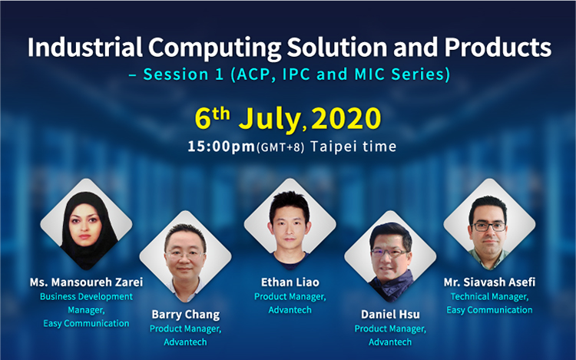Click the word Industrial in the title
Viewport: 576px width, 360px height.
click(85, 48)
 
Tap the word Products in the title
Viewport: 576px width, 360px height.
click(498, 48)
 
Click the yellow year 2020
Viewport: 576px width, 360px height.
click(346, 118)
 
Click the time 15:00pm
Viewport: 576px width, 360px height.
click(221, 147)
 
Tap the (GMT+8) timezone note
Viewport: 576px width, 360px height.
click(280, 147)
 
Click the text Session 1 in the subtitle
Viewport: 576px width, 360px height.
click(184, 74)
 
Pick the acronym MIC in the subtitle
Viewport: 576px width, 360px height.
click(369, 74)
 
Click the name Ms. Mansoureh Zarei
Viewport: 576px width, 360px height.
click(86, 282)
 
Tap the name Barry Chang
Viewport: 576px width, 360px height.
click(186, 315)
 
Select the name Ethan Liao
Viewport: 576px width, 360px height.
click(290, 282)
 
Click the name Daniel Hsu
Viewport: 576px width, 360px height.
click(390, 315)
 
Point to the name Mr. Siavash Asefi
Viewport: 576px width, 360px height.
click(489, 282)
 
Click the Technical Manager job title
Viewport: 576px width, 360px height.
click(489, 296)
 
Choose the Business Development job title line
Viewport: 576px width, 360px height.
click(86, 296)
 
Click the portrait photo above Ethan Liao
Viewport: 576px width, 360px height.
click(290, 224)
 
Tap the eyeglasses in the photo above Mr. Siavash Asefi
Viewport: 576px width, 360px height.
click(490, 226)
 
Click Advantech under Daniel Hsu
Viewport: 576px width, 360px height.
click(390, 342)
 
